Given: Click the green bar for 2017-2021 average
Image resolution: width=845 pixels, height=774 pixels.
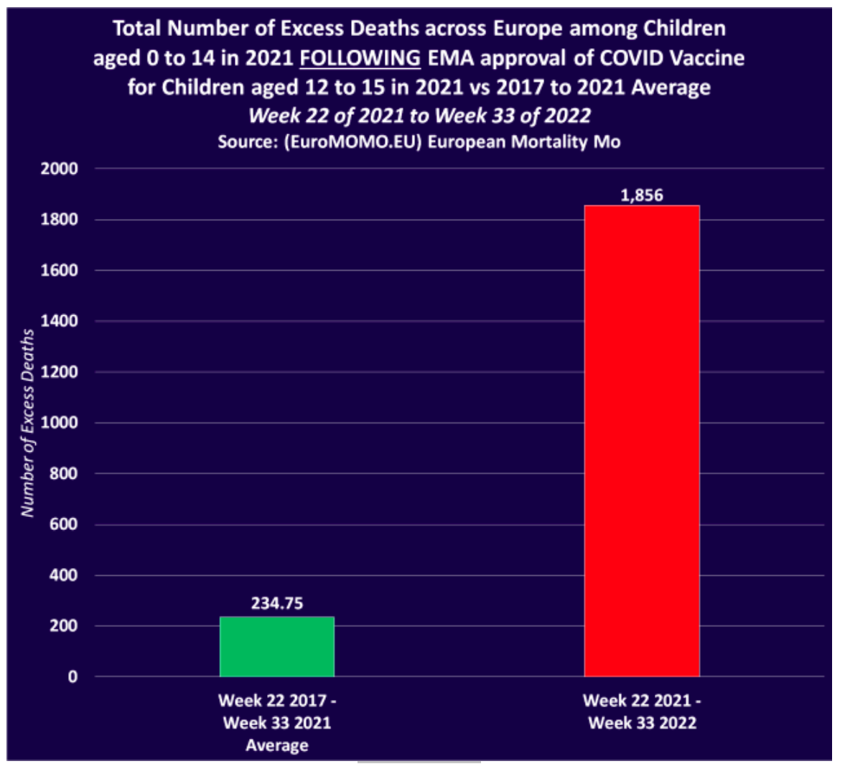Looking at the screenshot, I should pos(276,646).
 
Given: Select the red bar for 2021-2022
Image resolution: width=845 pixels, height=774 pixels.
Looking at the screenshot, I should pos(641,441).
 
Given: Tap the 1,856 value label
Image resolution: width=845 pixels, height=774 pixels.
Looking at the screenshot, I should pos(642,195).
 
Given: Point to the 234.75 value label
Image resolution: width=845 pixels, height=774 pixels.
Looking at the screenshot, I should pos(276,603).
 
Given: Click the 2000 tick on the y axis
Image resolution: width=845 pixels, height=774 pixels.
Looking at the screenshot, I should pos(60,169).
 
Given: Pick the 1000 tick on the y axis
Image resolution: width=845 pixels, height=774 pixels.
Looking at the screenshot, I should pos(60,423).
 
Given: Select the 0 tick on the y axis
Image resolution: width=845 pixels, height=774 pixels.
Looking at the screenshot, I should pos(73,677).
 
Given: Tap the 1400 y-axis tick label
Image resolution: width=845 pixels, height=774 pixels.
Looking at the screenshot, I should pos(60,321).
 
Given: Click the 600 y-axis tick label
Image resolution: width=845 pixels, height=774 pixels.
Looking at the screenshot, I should pos(64,524).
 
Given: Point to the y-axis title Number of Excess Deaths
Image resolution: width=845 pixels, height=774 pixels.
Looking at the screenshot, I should pos(28,423).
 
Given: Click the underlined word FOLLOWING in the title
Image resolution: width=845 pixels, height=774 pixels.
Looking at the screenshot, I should pos(360,58).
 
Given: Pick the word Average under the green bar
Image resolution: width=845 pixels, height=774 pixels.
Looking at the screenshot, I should pos(276,745).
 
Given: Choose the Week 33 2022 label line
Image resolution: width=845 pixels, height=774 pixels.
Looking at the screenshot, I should pos(642,723).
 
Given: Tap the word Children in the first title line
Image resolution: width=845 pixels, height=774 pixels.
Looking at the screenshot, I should pos(683,29).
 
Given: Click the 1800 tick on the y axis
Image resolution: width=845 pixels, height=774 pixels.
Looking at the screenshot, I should pos(60,220).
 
